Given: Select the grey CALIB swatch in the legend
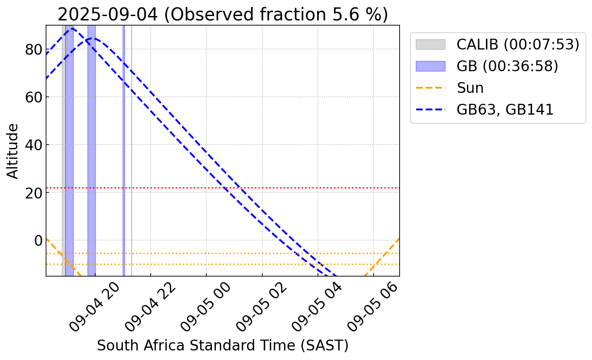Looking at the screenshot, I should pos(430,45).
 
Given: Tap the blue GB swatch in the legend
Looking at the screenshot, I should pos(430,66).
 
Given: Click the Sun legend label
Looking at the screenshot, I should pos(470,88).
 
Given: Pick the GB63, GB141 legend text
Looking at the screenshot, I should pos(505,109).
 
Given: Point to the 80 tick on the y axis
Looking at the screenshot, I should pos(33,50).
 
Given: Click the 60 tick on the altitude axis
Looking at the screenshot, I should pos(33,97).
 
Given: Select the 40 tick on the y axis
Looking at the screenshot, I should pos(33,145).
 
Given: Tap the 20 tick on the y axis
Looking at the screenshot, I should pos(33,193).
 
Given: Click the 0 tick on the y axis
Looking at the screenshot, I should pos(37,241).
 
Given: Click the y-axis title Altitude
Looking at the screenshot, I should pos(13,151).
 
